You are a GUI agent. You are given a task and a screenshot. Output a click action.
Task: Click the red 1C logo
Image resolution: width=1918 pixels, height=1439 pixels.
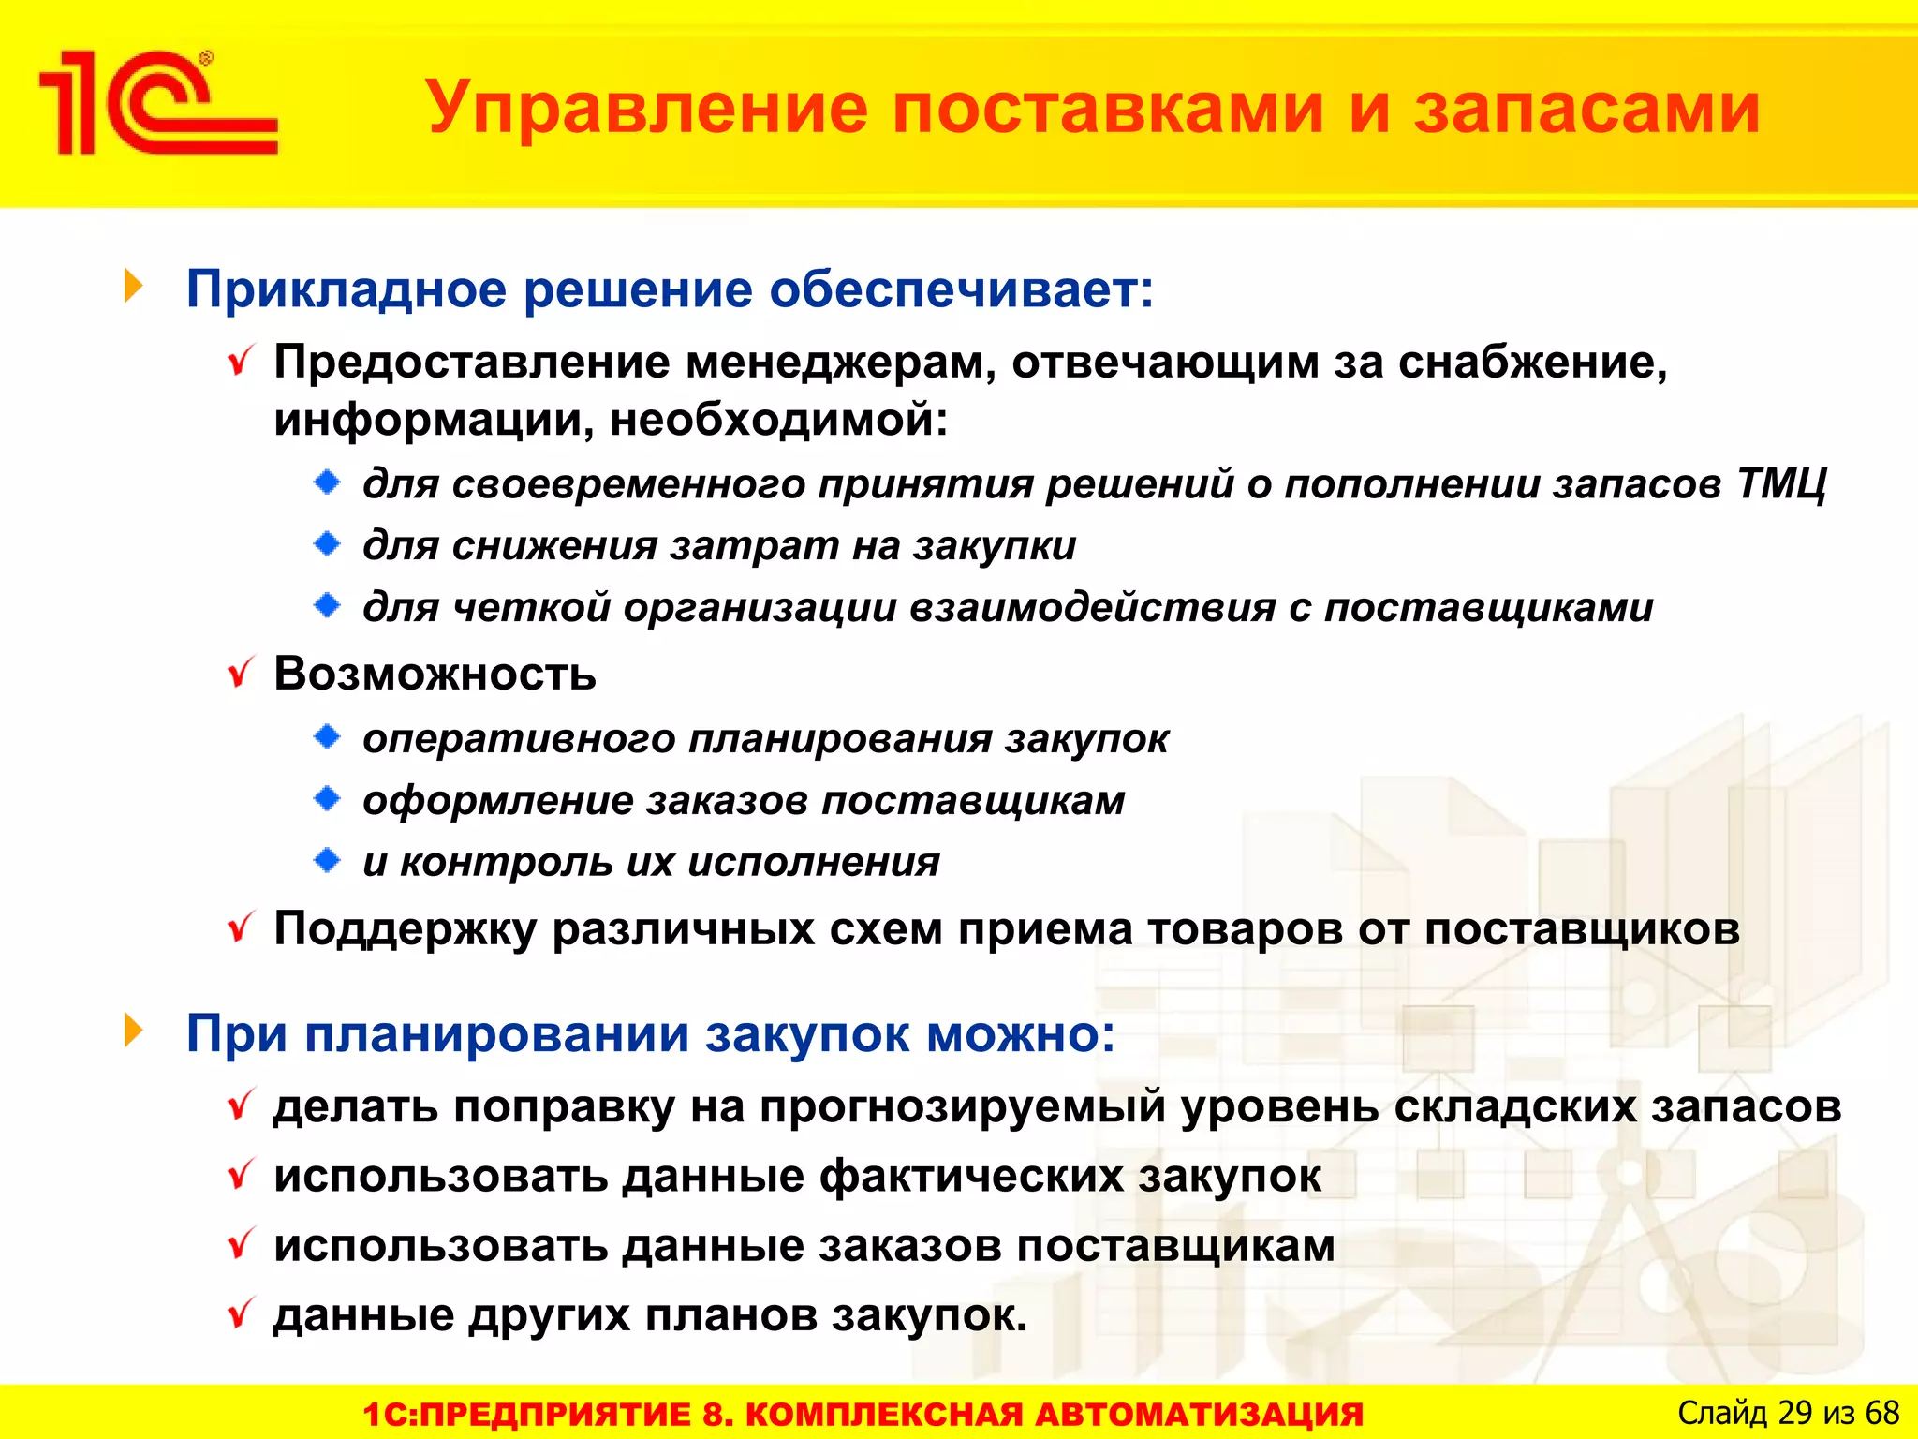pyautogui.click(x=157, y=103)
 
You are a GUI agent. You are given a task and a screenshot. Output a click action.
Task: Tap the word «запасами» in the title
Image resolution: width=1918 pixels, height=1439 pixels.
pyautogui.click(x=1586, y=109)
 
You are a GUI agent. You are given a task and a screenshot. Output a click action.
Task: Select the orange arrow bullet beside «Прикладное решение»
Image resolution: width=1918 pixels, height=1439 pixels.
pyautogui.click(x=134, y=287)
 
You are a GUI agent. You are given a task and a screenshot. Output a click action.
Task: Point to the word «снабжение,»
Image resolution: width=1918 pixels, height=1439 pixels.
pyautogui.click(x=1532, y=363)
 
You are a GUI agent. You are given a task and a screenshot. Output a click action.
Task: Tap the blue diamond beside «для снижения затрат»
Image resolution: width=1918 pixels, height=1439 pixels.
pyautogui.click(x=328, y=544)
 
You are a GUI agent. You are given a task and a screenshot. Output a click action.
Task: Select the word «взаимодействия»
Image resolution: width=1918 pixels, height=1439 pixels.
pyautogui.click(x=1092, y=608)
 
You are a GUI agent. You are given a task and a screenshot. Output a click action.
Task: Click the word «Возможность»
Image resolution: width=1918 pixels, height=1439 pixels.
pyautogui.click(x=435, y=674)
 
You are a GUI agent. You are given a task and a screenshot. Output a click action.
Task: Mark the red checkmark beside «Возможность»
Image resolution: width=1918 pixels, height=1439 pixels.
pyautogui.click(x=241, y=673)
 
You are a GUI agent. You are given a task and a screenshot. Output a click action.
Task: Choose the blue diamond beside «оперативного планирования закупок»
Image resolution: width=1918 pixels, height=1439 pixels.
pyautogui.click(x=328, y=738)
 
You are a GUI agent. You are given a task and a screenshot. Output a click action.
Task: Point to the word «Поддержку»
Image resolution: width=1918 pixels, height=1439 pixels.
pyautogui.click(x=406, y=929)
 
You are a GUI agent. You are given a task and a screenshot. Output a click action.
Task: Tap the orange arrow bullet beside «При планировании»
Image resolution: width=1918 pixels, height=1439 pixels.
pyautogui.click(x=134, y=1031)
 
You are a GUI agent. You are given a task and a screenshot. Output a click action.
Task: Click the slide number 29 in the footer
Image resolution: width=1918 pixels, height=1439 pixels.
pyautogui.click(x=1794, y=1413)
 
